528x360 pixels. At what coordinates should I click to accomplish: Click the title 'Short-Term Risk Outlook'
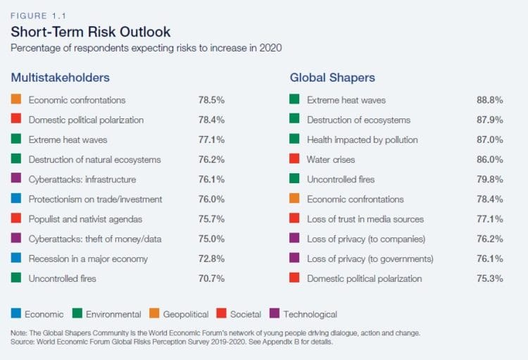pyautogui.click(x=90, y=32)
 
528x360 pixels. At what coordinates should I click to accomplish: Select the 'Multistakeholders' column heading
pyautogui.click(x=60, y=77)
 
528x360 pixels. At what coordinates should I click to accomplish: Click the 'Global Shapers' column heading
pyautogui.click(x=332, y=77)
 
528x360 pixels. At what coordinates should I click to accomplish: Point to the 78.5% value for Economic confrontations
pyautogui.click(x=212, y=100)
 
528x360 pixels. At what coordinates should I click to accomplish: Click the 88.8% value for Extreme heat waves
pyautogui.click(x=490, y=100)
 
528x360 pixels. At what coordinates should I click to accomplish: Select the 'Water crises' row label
pyautogui.click(x=331, y=160)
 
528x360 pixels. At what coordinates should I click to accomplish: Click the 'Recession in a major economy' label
pyautogui.click(x=87, y=259)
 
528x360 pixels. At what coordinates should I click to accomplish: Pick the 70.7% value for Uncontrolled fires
pyautogui.click(x=212, y=278)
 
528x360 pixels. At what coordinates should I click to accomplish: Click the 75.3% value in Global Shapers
pyautogui.click(x=490, y=278)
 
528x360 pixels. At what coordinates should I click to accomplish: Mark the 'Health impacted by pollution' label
pyautogui.click(x=362, y=139)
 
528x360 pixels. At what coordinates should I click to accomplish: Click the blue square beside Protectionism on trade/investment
pyautogui.click(x=16, y=199)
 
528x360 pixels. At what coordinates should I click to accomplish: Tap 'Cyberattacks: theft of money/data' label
pyautogui.click(x=95, y=239)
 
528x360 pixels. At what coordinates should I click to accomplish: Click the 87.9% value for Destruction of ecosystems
pyautogui.click(x=490, y=120)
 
